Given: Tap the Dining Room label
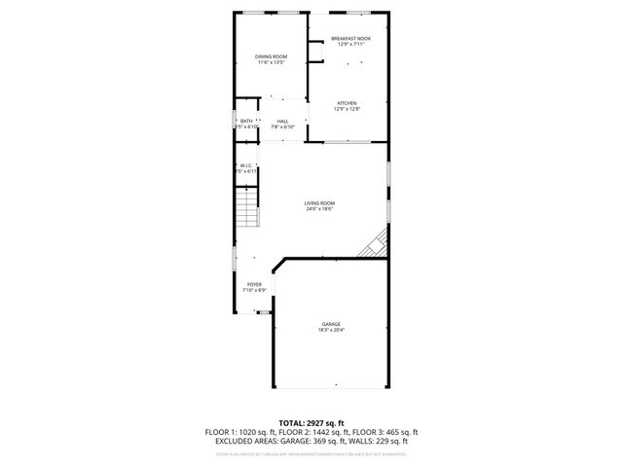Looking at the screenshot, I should click(x=271, y=56).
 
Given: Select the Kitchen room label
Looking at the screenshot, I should click(x=348, y=103).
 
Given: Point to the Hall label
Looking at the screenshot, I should click(x=282, y=121).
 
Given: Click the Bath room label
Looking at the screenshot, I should click(x=246, y=121).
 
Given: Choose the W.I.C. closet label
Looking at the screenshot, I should click(x=246, y=165).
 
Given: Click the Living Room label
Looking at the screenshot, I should click(x=320, y=202).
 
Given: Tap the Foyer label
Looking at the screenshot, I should click(x=253, y=284).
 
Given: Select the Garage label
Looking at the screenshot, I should click(x=331, y=324).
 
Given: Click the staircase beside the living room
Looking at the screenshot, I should click(x=251, y=209).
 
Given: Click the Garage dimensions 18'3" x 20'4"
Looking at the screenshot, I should click(x=331, y=330).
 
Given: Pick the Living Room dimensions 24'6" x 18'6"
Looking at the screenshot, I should click(x=320, y=208).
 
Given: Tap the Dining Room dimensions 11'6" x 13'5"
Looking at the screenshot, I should click(x=271, y=62).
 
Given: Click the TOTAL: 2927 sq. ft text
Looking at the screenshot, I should click(x=311, y=423).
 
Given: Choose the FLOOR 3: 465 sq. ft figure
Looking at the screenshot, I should click(x=384, y=432).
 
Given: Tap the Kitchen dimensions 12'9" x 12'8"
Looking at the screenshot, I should click(x=348, y=109).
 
